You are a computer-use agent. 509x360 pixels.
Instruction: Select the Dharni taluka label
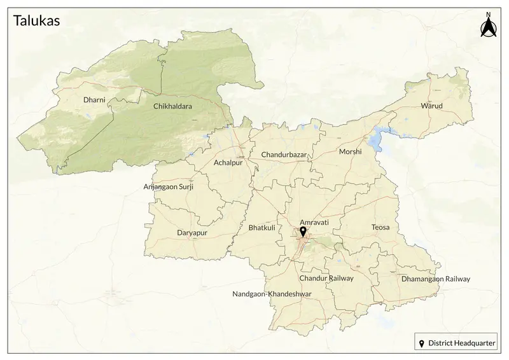(x=94, y=100)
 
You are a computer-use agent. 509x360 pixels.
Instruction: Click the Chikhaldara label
(x=172, y=107)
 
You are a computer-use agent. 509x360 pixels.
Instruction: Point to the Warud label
(x=431, y=106)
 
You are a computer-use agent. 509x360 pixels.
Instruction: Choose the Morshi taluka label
(x=350, y=151)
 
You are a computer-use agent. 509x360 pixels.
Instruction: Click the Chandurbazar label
(x=284, y=155)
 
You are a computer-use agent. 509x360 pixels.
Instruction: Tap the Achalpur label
(x=229, y=163)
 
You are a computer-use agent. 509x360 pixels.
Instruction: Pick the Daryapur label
(x=192, y=233)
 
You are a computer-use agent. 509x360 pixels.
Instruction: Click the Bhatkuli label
(x=261, y=227)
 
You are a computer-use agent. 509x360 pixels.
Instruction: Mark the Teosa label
(x=380, y=227)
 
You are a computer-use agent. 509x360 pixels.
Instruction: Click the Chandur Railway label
(x=326, y=278)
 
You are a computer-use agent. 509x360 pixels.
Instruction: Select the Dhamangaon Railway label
(x=435, y=279)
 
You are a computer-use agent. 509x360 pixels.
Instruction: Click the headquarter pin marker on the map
(x=303, y=232)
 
